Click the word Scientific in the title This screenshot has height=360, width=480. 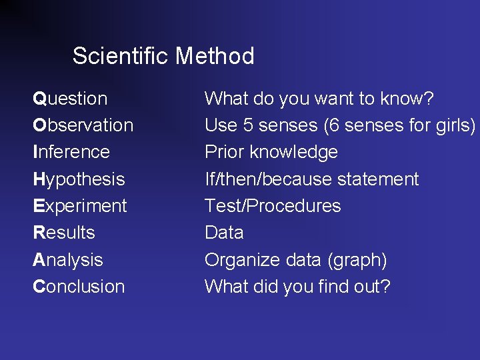tap(121, 56)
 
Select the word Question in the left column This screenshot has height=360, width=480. tap(70, 99)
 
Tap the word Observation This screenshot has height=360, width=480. tap(83, 125)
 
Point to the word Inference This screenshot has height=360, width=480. tap(71, 152)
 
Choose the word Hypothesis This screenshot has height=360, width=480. tap(79, 179)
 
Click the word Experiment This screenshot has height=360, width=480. tap(79, 206)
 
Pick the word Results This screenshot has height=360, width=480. tap(64, 233)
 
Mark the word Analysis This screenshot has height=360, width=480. tap(68, 260)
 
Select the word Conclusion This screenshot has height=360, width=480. tap(79, 287)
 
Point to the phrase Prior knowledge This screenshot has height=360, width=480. tap(271, 152)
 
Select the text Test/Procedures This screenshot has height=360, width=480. tap(273, 206)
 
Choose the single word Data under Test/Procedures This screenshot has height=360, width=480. tap(224, 233)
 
